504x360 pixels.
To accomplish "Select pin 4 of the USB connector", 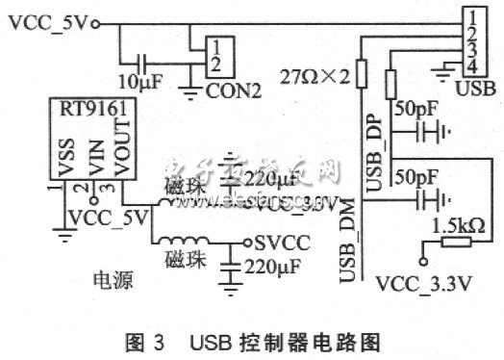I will coord(473,64).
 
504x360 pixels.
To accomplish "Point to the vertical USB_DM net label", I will coord(347,246).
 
